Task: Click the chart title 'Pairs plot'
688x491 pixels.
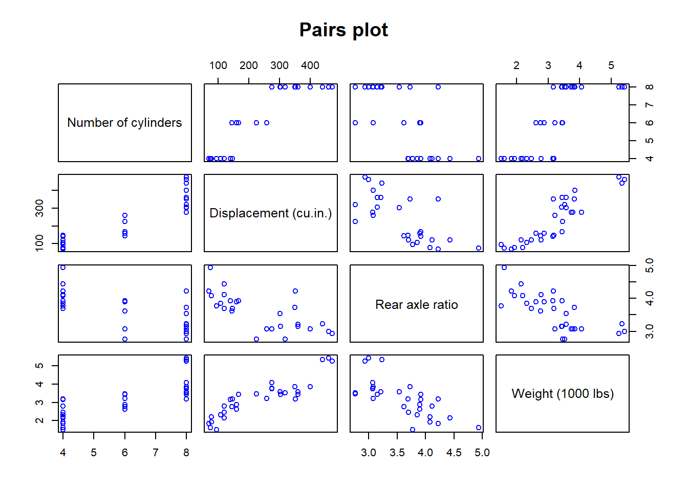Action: pos(343,30)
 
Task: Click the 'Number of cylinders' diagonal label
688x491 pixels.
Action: pos(124,123)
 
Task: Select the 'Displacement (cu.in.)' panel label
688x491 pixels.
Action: pos(270,213)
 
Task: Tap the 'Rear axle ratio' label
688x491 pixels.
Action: pos(416,305)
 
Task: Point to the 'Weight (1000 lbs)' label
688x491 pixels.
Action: pos(562,394)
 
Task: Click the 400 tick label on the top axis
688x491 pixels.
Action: pos(310,65)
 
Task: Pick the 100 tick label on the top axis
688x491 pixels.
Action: pos(218,65)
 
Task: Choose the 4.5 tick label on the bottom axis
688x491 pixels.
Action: pos(454,453)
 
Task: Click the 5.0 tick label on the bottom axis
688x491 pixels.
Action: pos(482,453)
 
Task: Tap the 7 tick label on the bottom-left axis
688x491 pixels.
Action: pos(155,453)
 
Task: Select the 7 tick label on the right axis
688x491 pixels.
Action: pos(649,105)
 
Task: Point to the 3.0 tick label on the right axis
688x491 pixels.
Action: pos(649,331)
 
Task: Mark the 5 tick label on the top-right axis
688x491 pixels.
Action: pos(611,65)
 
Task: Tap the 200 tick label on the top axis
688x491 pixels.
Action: pos(249,65)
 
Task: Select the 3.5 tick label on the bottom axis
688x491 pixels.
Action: pos(397,453)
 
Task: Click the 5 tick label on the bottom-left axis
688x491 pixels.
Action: pos(94,453)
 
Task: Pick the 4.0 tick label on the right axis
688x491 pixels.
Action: pos(649,298)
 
